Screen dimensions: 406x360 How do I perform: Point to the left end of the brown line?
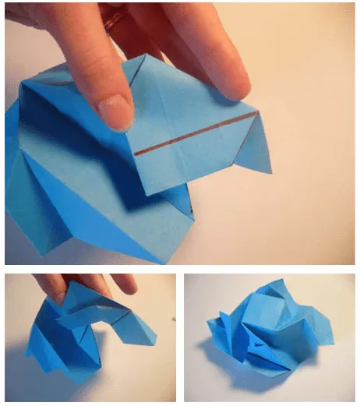tap(136, 154)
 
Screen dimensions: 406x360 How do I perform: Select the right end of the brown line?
tap(258, 114)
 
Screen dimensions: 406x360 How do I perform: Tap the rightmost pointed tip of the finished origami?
tap(334, 340)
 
